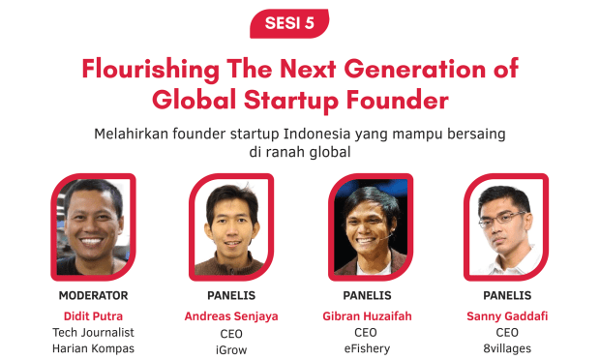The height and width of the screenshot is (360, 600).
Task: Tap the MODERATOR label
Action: coord(93,295)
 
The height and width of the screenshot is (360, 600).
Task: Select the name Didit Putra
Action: coord(93,315)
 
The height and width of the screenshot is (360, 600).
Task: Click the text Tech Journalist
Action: coord(93,332)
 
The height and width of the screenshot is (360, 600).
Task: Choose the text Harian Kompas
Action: coord(93,349)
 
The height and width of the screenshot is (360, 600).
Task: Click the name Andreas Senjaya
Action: coord(231,315)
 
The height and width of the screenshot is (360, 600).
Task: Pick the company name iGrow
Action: coord(231,349)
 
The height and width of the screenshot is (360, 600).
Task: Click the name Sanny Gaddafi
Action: coord(506,315)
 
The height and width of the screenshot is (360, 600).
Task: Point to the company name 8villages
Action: coord(506,349)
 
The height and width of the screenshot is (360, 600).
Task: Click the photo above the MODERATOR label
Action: coord(93,227)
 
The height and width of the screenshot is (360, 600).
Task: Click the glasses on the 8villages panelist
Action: coord(503,220)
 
